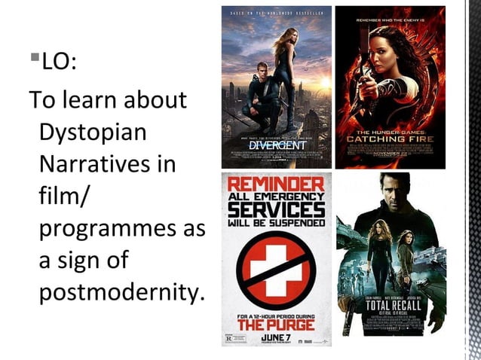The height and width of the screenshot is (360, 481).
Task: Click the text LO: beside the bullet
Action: pyautogui.click(x=58, y=61)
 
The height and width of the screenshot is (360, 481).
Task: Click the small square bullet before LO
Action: pyautogui.click(x=35, y=56)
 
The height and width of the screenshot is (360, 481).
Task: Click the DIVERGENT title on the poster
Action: pyautogui.click(x=275, y=143)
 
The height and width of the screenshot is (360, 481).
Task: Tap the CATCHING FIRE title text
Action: pyautogui.click(x=390, y=139)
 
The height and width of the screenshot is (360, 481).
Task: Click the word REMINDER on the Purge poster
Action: pyautogui.click(x=277, y=184)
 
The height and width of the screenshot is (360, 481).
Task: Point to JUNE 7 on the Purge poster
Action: pyautogui.click(x=276, y=337)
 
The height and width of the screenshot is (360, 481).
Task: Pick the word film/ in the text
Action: pyautogui.click(x=64, y=196)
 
